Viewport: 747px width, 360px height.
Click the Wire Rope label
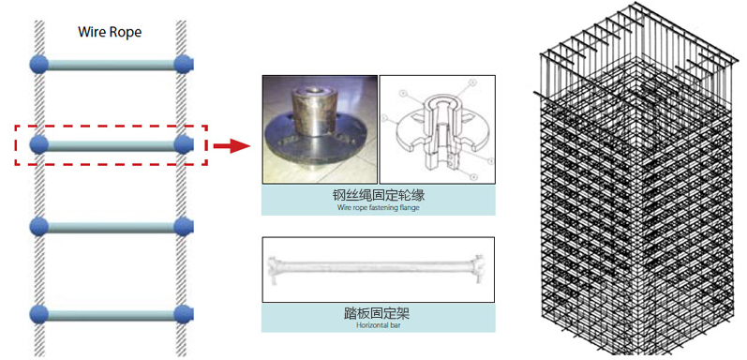110,33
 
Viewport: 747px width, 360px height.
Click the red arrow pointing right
232,146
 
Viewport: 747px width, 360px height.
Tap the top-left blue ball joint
39,65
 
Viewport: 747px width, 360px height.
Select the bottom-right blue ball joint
183,314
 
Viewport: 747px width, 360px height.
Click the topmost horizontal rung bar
111,65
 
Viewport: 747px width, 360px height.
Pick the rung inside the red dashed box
111,145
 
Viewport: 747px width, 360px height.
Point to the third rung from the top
111,227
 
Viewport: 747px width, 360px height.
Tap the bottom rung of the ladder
111,315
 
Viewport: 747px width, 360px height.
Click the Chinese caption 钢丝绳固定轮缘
379,196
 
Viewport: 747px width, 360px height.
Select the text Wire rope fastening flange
379,208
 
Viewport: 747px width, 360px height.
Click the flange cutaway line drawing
438,128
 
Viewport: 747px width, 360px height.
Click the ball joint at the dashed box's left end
39,144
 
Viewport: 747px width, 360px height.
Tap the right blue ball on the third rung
183,227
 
